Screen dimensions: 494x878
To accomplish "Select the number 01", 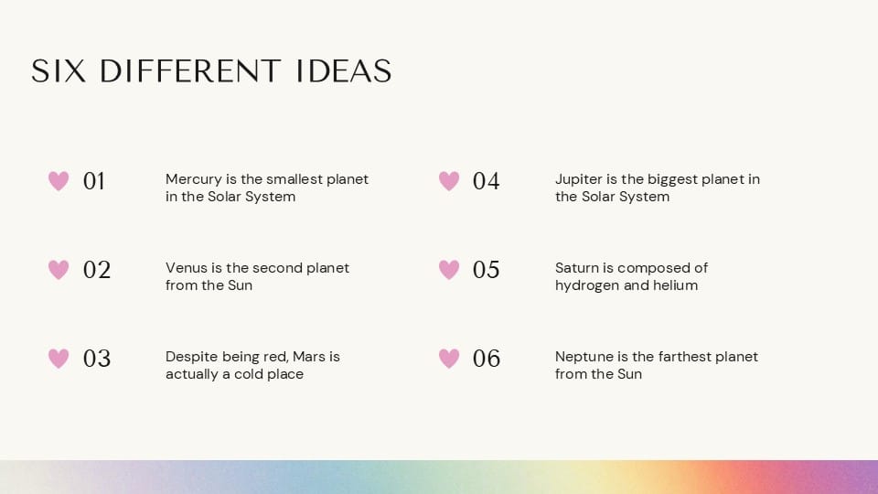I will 94,181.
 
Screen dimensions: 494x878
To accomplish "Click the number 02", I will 96,270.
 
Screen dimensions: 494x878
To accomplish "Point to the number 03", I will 96,359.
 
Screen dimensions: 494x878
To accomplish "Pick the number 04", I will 486,181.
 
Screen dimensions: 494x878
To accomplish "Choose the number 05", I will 486,270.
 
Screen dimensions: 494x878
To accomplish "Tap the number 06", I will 486,359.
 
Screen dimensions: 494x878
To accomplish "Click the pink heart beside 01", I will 59,181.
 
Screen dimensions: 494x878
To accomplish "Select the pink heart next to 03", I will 59,359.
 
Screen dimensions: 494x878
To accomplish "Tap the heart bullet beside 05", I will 449,270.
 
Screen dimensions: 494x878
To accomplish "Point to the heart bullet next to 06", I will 449,359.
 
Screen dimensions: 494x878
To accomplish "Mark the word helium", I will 675,285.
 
